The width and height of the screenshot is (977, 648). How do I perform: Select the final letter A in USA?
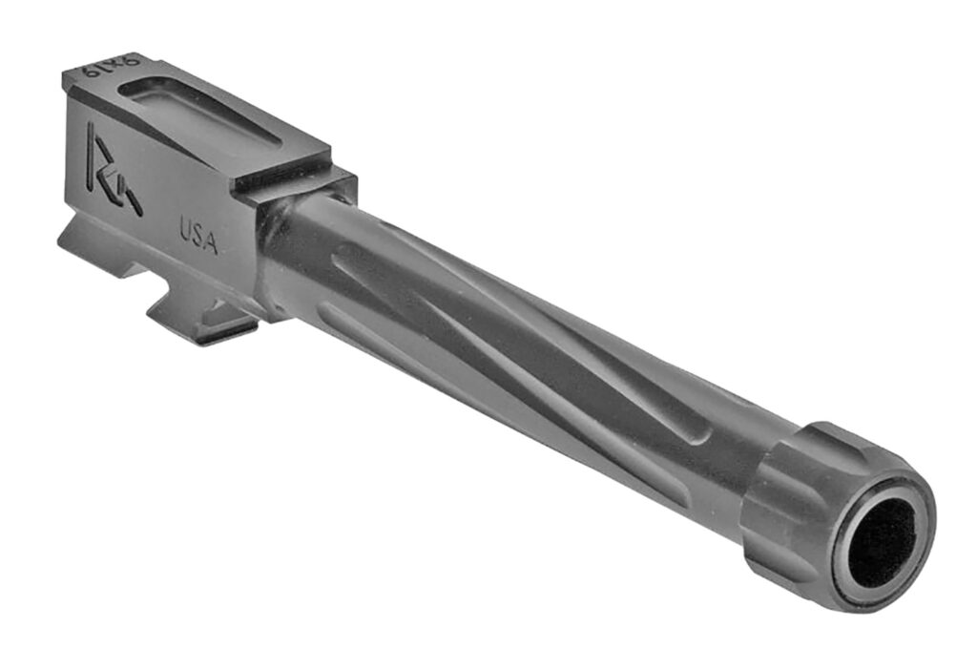tap(211, 242)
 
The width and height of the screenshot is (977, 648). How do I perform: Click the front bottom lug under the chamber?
tap(205, 315)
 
